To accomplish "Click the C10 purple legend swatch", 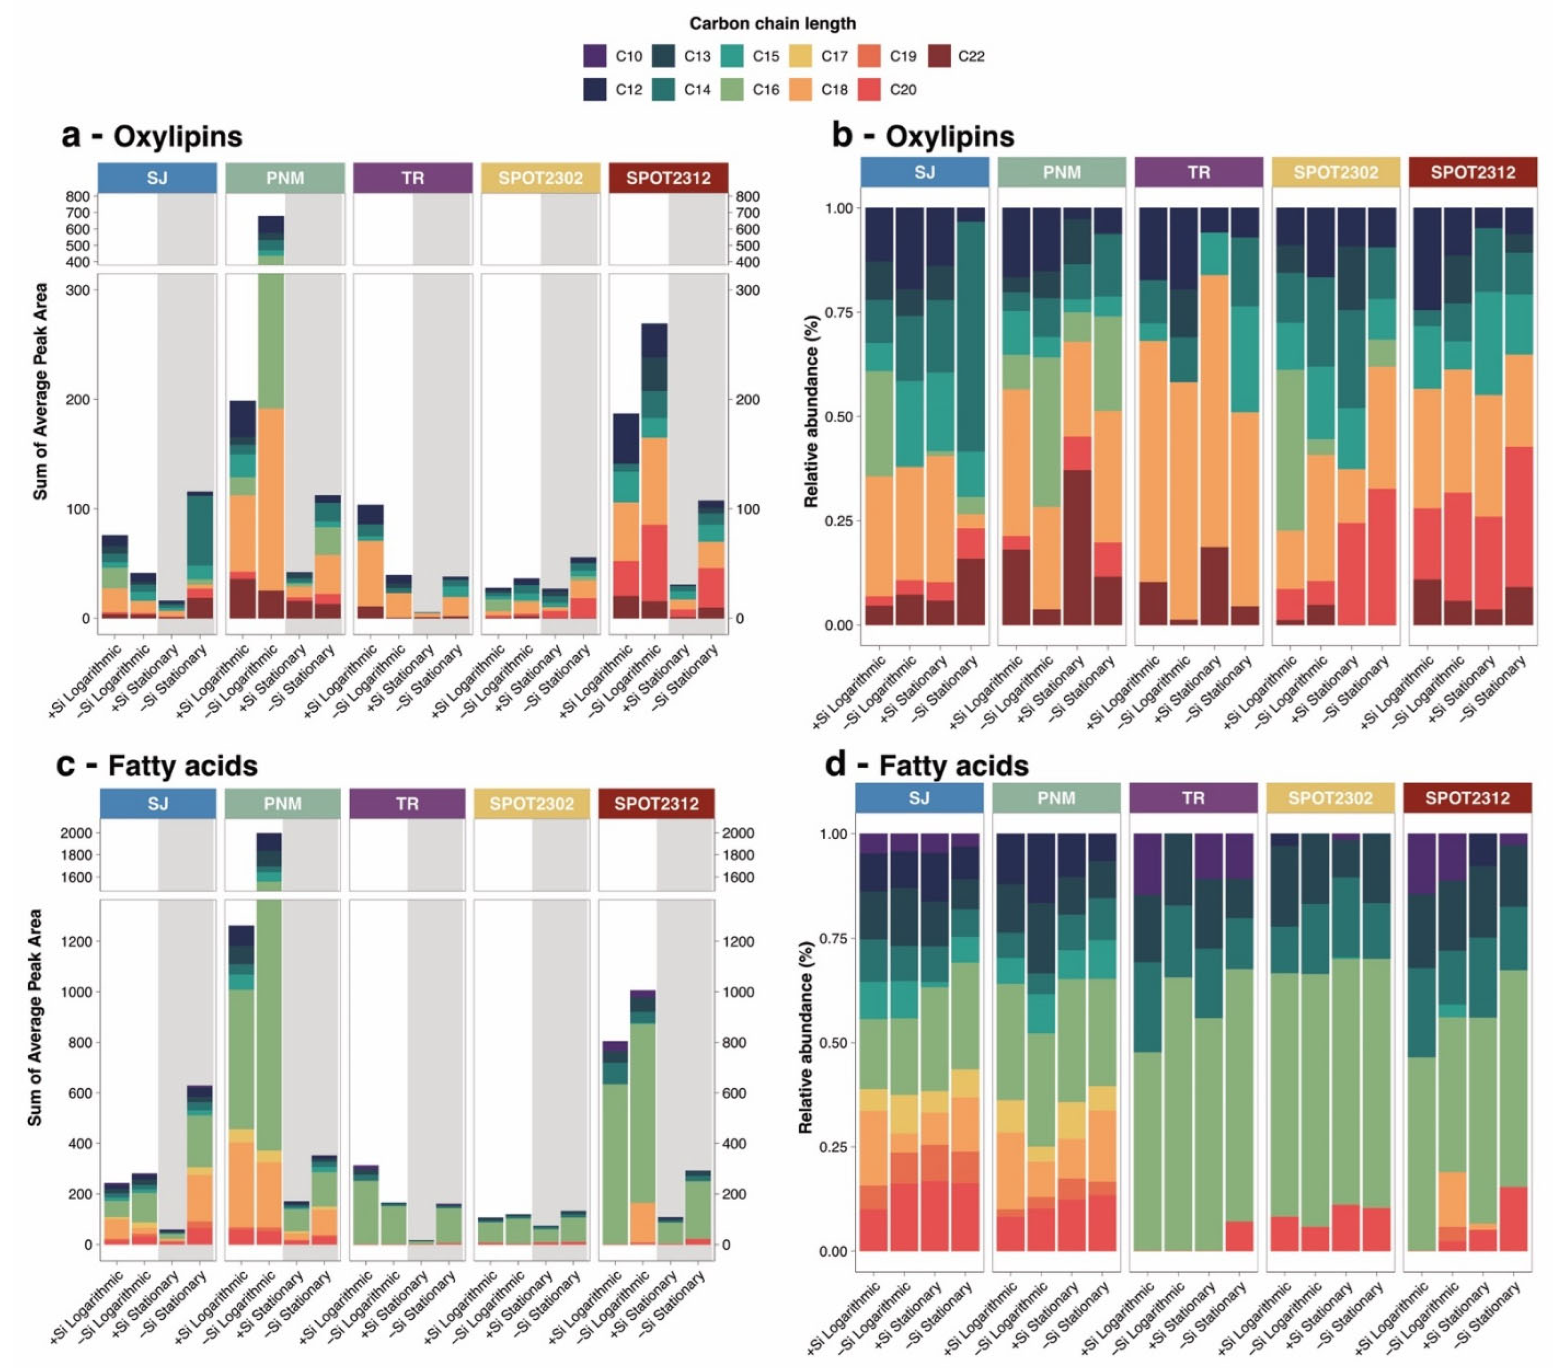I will tap(595, 56).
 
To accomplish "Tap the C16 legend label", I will tap(765, 90).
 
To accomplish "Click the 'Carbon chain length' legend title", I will tap(772, 24).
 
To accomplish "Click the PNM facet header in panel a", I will tap(285, 178).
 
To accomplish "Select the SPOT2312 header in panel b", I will tap(1472, 172).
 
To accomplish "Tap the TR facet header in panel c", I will tap(407, 803).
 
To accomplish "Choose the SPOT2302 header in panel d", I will tap(1329, 797).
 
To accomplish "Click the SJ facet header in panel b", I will tap(924, 172).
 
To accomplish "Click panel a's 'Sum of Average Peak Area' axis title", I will tap(40, 392).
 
